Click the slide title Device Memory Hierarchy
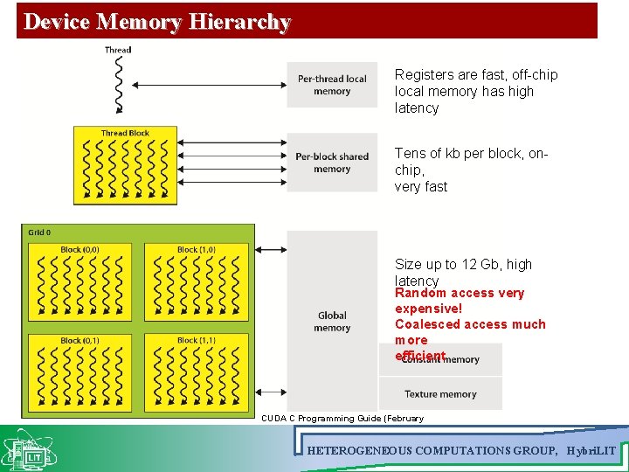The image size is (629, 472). tap(157, 22)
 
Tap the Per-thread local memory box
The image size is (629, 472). tap(332, 85)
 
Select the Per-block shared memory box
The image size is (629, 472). tap(332, 163)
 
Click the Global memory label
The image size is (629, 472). tap(332, 322)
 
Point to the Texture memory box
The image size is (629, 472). tap(440, 394)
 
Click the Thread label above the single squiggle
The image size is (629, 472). tap(118, 50)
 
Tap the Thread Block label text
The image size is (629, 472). tap(125, 134)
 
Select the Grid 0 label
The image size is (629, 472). tap(39, 233)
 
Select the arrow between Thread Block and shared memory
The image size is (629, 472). tap(232, 163)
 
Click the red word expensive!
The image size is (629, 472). tap(428, 309)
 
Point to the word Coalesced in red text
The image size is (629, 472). tap(426, 324)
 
